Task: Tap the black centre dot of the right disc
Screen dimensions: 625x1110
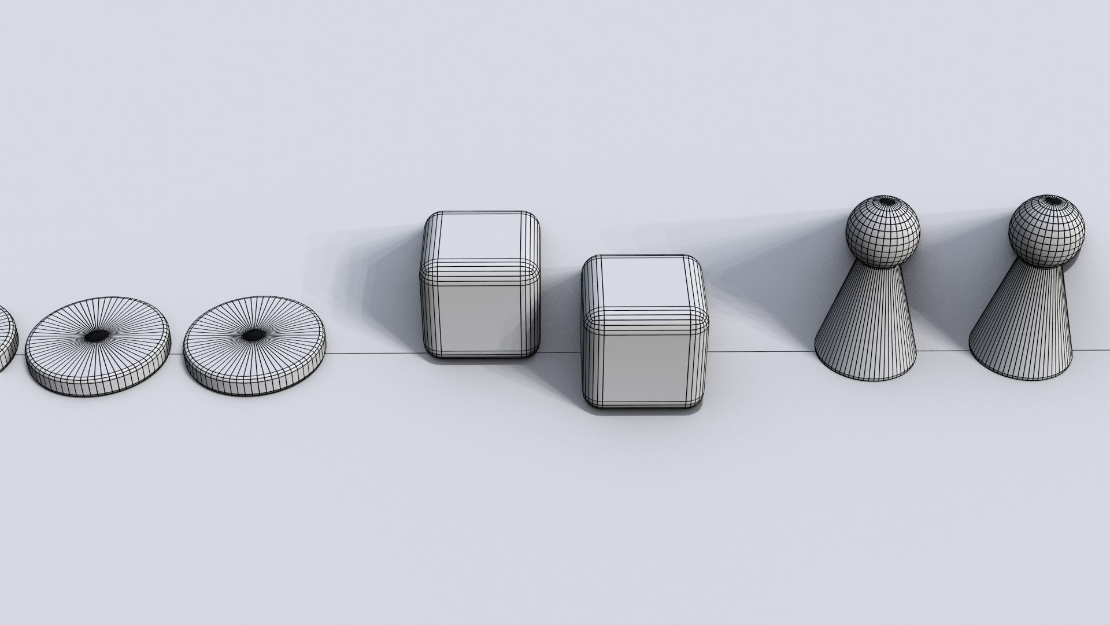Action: [x=252, y=335]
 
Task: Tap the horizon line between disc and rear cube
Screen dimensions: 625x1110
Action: [x=376, y=353]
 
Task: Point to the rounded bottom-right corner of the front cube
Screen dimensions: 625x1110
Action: [x=700, y=403]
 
